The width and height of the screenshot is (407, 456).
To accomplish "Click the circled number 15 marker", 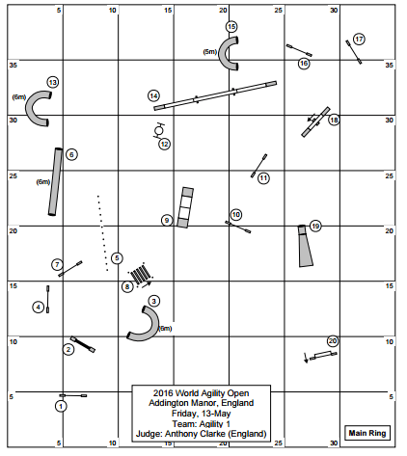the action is pos(231,27).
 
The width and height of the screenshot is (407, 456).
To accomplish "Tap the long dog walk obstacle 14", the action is pos(215,95).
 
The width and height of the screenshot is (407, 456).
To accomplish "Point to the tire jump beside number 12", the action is pos(158,130).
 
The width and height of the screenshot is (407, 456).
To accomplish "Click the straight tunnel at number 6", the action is pos(55,182).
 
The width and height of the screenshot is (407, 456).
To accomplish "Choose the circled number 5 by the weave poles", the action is pos(117,258).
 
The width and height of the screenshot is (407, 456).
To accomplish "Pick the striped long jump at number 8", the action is pos(140,274).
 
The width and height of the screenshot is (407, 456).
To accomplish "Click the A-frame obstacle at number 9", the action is pos(185,207).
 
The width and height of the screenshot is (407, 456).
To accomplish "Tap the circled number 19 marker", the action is pos(315,227).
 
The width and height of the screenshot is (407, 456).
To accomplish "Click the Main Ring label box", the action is pos(367,433).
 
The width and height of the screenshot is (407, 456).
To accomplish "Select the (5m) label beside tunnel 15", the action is pos(210,52).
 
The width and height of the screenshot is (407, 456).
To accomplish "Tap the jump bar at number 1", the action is pos(73,395).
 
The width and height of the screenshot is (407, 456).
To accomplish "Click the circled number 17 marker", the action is pos(359,40).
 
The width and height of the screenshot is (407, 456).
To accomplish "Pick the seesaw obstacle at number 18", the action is pos(315,122).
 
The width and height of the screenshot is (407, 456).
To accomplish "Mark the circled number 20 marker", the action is pos(333,341).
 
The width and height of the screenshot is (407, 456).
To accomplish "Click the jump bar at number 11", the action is pos(258,166).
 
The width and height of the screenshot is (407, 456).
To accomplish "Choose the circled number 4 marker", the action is pos(39,308).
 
